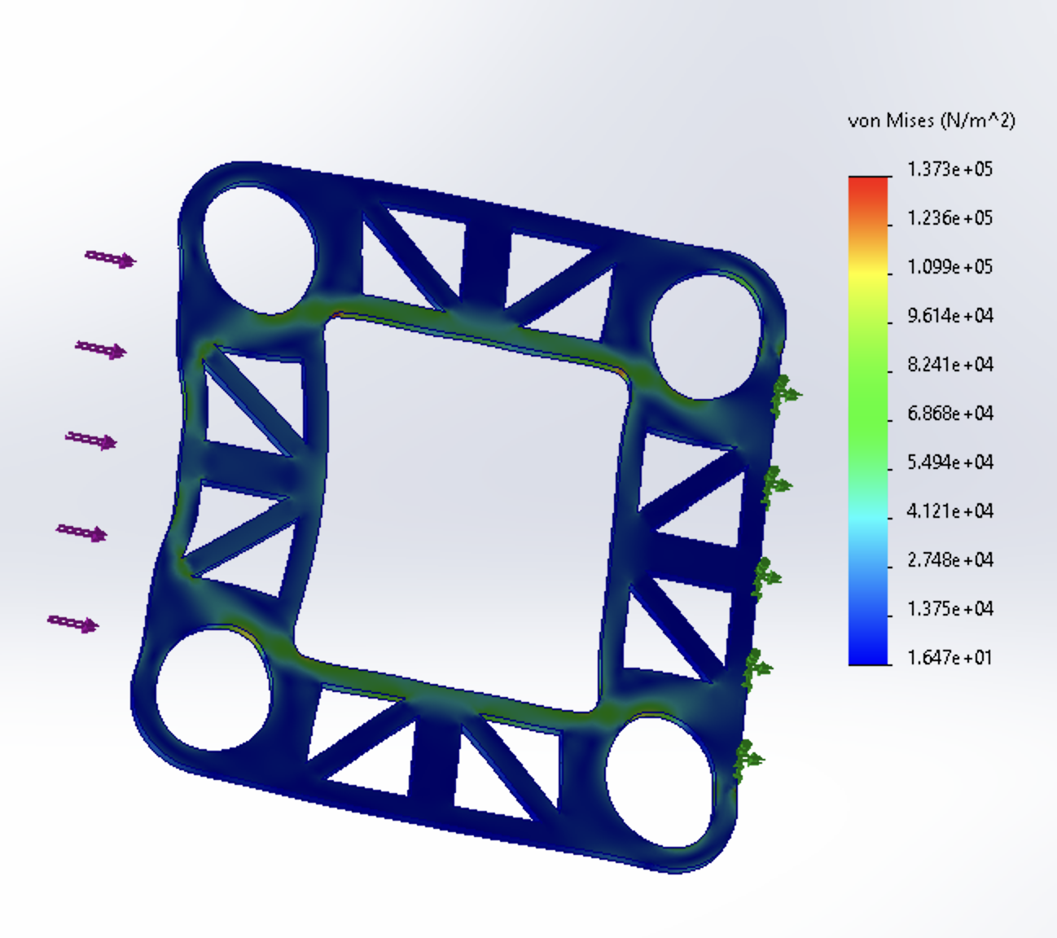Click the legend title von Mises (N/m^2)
click(x=932, y=121)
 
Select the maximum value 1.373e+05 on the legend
click(x=950, y=169)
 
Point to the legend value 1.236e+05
click(x=950, y=218)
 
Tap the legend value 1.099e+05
click(x=950, y=267)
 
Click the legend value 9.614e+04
click(x=950, y=316)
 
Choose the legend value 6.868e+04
click(x=950, y=414)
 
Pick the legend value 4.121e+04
click(x=950, y=511)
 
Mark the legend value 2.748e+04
click(x=950, y=560)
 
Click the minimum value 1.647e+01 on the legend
click(x=950, y=658)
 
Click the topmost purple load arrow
click(x=111, y=259)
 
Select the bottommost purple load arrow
click(x=73, y=624)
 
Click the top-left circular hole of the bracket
click(x=259, y=249)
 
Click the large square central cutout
click(x=464, y=513)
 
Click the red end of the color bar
click(x=868, y=184)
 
